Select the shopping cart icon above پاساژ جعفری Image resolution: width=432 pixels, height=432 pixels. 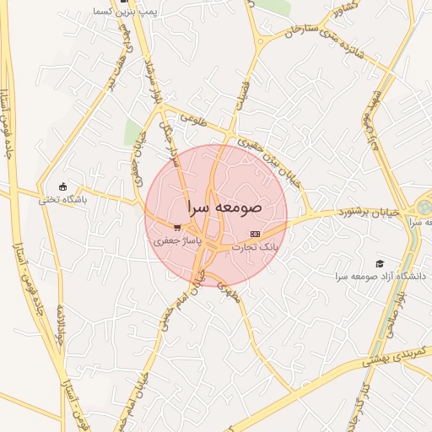coord(176,228)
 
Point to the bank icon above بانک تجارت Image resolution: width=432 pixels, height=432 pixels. coord(256,234)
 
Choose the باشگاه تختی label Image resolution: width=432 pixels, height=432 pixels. coord(62,200)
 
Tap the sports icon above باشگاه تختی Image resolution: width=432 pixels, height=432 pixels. coord(62,186)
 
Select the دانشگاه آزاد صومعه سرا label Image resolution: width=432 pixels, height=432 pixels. coord(381,277)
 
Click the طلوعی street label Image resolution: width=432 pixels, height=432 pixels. coord(191,121)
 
